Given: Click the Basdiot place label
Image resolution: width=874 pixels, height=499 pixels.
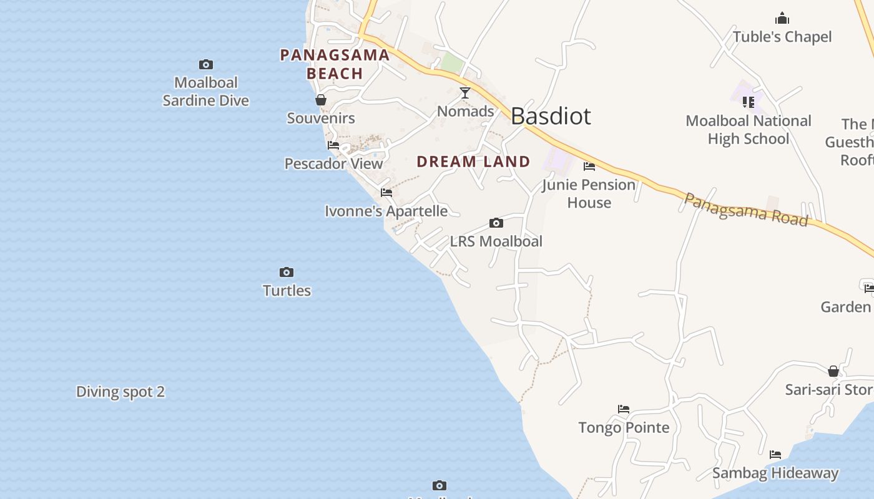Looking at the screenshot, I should coord(551,117).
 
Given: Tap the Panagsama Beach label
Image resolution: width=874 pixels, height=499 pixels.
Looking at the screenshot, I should coord(335,64).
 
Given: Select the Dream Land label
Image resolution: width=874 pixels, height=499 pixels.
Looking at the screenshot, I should coord(473,162).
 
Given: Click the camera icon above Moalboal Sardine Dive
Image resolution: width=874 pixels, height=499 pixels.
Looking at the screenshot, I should coord(206,65).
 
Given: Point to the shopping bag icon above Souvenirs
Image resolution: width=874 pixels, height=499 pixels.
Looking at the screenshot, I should coord(321,100).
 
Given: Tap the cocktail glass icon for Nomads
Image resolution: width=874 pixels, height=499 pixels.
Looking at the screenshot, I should coord(465,94).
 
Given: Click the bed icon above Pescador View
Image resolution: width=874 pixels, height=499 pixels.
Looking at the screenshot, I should coord(333,146).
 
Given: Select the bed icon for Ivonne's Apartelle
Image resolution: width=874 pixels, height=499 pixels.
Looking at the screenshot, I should coord(386,193).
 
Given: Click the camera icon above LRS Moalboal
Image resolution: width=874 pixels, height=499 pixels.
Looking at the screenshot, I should coord(496,223).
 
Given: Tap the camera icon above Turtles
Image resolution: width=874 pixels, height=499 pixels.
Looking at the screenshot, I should coord(287,273).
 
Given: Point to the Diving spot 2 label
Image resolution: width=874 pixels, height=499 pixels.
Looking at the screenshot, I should coord(120,392).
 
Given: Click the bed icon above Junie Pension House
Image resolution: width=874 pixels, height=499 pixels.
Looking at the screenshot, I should coord(589,167).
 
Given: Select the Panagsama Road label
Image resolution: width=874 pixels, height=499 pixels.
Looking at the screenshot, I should coord(746,209).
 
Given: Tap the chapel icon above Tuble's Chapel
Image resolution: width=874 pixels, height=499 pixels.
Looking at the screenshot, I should coord(782,19).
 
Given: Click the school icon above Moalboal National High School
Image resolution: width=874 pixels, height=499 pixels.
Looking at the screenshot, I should coord(749,102).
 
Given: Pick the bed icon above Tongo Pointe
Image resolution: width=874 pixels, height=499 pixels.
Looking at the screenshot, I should coord(624,409).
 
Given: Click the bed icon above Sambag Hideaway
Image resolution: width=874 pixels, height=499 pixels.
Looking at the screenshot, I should coord(775,455).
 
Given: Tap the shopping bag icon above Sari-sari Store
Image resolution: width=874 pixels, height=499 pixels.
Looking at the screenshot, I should coord(833,372).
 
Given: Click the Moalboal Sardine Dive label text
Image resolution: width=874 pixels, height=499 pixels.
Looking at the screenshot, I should coord(206,92).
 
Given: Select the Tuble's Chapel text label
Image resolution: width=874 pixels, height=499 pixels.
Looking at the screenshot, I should coord(782,37).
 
